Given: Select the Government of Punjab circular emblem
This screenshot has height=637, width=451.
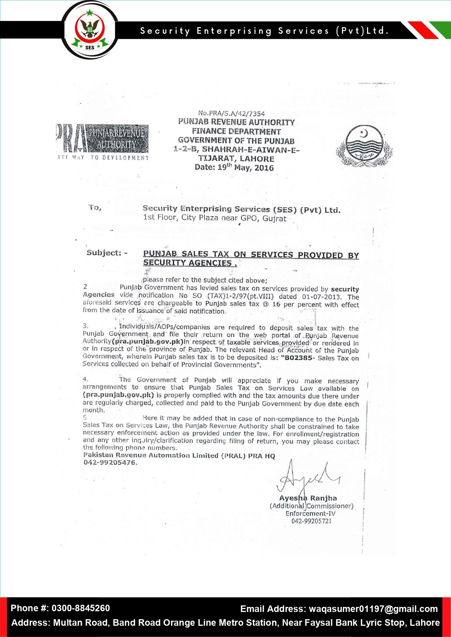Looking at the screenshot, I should [x=364, y=146].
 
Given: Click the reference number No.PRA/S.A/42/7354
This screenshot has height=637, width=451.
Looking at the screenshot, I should [x=231, y=113].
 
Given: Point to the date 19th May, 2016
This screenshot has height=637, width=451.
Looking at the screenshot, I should [x=234, y=167].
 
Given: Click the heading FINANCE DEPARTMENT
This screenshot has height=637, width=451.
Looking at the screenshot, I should [x=236, y=131].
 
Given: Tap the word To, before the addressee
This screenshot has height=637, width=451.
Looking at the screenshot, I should [x=94, y=208].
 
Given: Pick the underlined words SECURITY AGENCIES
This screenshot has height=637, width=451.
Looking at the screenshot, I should [x=187, y=263].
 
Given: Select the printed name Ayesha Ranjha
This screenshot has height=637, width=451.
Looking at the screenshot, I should [x=308, y=498].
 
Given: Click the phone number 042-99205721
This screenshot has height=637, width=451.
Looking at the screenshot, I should [x=311, y=521].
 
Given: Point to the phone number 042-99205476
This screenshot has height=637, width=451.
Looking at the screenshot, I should [x=110, y=462].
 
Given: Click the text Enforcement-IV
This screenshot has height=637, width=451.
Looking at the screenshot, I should [x=310, y=513].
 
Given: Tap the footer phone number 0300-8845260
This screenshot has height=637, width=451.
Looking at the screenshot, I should [x=80, y=608].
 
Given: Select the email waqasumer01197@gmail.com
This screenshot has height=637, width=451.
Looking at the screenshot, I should [x=373, y=609].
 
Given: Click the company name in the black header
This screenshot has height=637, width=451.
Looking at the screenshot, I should [x=264, y=31].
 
